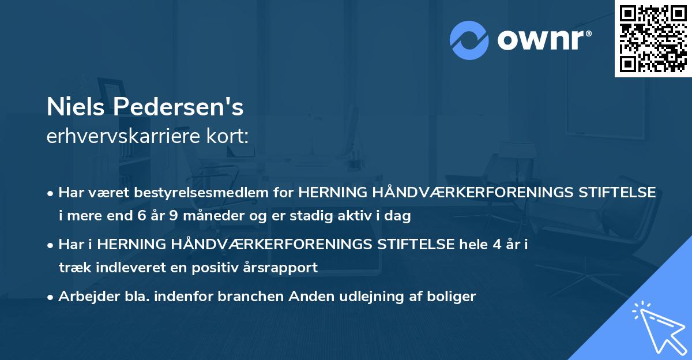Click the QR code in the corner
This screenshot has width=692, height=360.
(x=653, y=39)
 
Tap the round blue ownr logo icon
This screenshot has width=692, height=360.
(x=469, y=40)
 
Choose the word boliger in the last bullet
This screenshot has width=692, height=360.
(x=453, y=297)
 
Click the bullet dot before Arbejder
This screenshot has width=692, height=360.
(x=51, y=297)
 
